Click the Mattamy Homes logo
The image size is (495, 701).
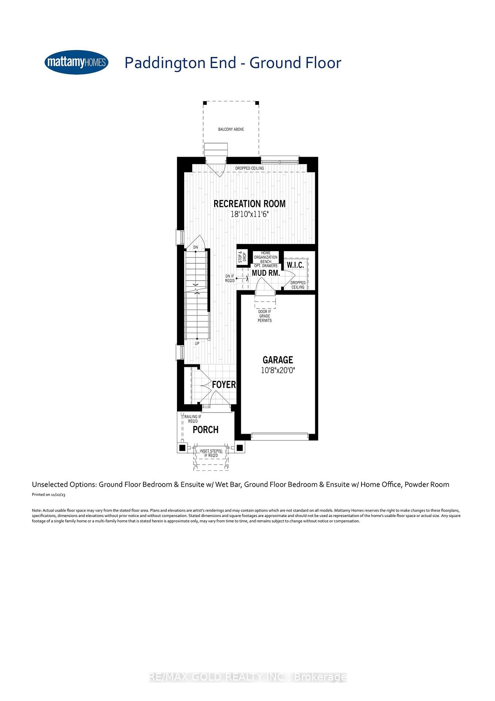[76, 62]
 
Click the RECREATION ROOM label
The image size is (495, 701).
[250, 204]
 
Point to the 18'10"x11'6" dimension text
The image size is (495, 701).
[250, 214]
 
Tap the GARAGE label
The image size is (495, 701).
[278, 360]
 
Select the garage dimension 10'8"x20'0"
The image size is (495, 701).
[278, 370]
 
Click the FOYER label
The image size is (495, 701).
[224, 384]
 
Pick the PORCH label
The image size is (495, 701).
[205, 430]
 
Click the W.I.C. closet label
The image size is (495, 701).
[295, 265]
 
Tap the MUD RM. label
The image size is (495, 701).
[266, 273]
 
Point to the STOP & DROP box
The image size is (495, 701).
[242, 257]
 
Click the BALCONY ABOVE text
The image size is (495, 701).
[231, 129]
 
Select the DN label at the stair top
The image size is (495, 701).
[196, 247]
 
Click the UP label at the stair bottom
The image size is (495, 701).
[197, 344]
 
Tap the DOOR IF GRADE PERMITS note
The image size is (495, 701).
[264, 316]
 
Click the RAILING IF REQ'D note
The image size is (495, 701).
[193, 419]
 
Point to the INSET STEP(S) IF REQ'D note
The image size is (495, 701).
[211, 453]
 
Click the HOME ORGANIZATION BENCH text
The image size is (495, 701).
[266, 257]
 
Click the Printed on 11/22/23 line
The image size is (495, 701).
[49, 495]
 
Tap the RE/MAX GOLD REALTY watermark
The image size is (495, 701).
[248, 677]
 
